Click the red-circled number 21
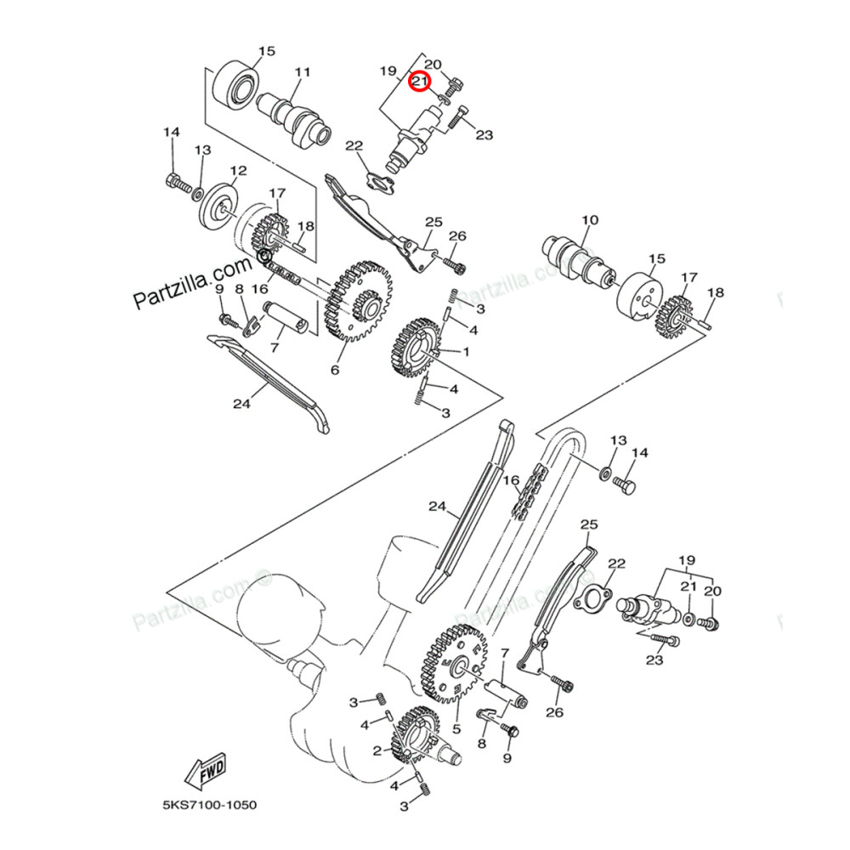[419, 82]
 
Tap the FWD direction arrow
[207, 773]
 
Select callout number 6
[335, 370]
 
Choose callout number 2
[377, 751]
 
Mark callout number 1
[465, 350]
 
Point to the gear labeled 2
[417, 739]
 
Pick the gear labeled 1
[417, 348]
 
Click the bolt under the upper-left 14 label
[175, 181]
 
